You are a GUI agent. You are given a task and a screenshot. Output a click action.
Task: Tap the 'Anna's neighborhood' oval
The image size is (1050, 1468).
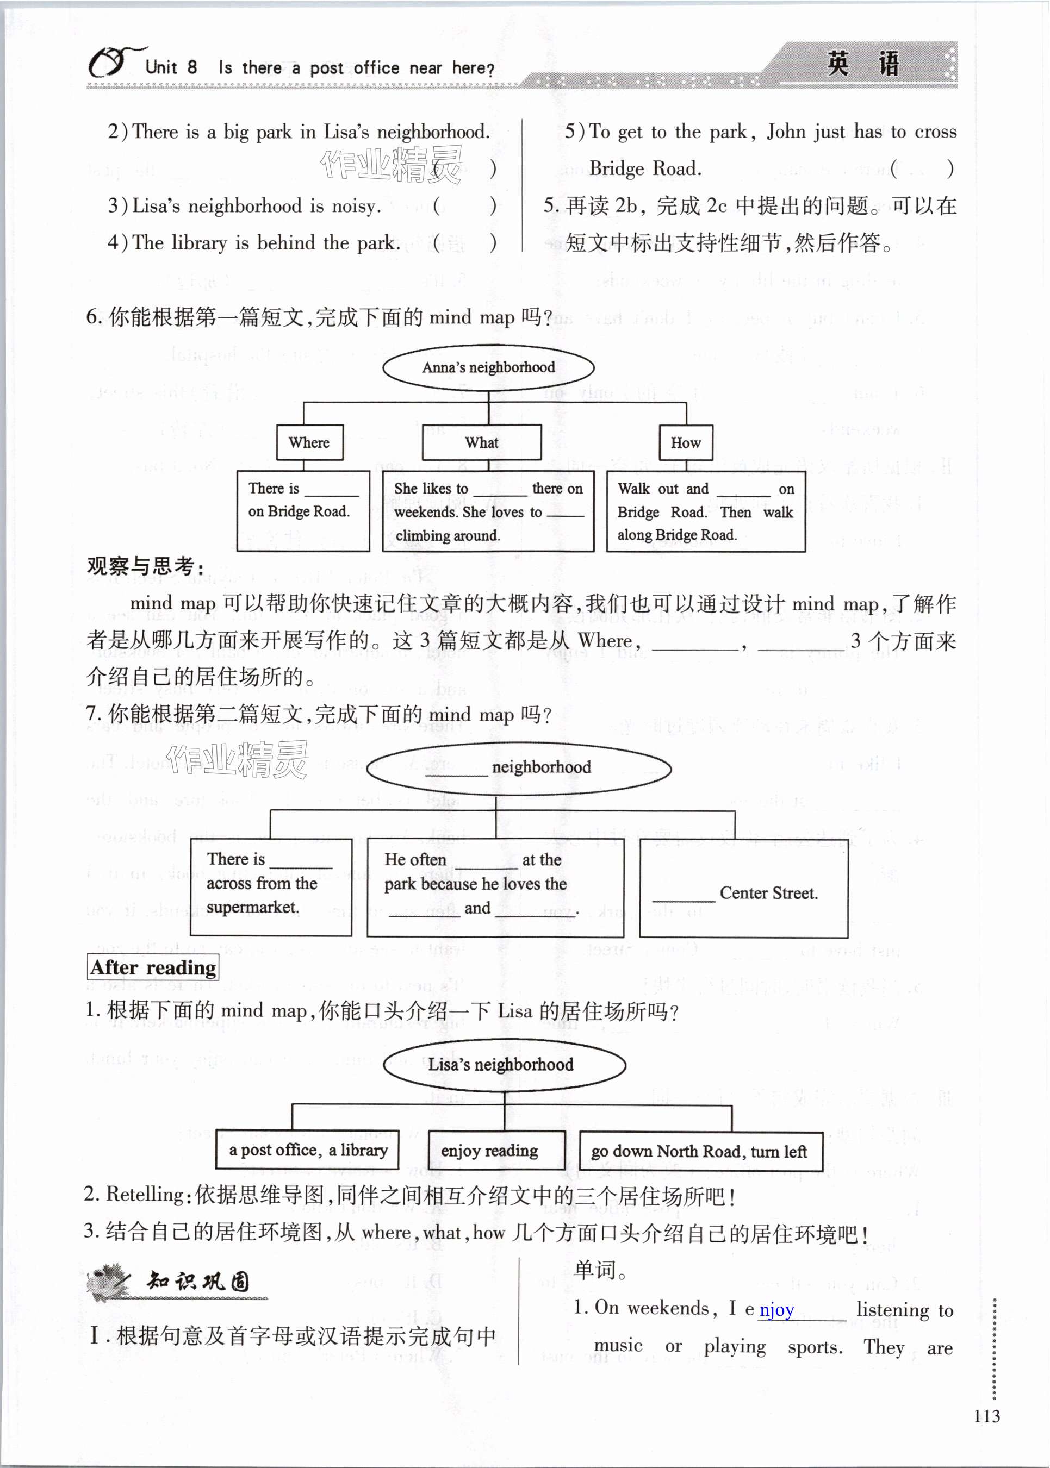tap(488, 367)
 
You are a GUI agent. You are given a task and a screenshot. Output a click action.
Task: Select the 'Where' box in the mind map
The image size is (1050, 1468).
tap(309, 442)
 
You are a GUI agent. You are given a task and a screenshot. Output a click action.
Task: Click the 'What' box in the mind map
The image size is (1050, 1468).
tap(482, 442)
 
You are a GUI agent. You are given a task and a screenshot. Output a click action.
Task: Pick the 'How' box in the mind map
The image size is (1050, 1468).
tap(685, 442)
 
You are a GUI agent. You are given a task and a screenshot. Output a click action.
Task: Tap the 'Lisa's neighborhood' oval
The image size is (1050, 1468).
tap(504, 1064)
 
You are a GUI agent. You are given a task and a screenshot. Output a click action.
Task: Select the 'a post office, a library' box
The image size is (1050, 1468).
tap(307, 1151)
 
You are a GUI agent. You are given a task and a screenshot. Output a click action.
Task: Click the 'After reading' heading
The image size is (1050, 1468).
tap(153, 967)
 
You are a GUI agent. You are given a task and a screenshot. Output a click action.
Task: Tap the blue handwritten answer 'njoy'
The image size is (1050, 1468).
tap(776, 1310)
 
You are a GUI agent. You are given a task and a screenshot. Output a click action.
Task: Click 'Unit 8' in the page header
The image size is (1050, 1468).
tap(171, 67)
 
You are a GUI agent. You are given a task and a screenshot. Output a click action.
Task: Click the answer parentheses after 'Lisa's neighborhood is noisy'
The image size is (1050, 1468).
tap(464, 206)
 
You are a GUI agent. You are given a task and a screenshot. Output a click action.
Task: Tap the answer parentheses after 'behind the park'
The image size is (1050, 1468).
tap(464, 243)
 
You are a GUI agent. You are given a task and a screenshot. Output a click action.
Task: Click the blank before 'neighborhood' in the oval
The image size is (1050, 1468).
tap(456, 769)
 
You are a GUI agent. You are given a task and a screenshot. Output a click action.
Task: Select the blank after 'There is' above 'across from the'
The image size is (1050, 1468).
tap(301, 861)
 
